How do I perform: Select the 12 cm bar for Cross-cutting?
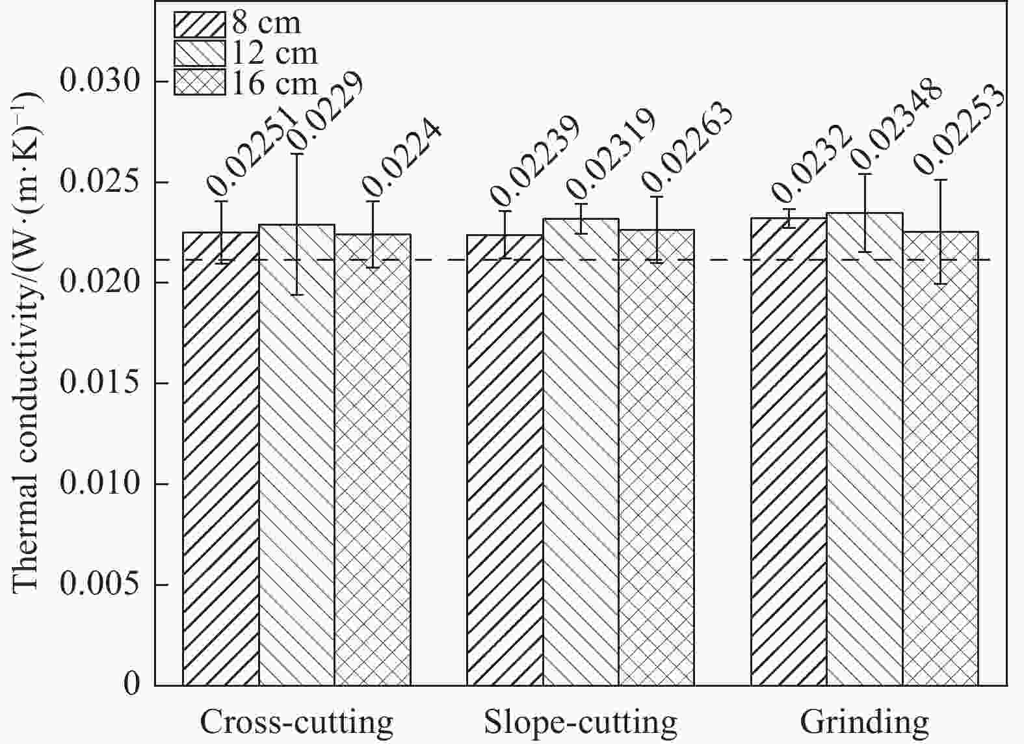pyautogui.click(x=296, y=455)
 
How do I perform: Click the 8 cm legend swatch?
pyautogui.click(x=200, y=25)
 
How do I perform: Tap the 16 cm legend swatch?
pyautogui.click(x=200, y=82)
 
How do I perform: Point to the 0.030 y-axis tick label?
pyautogui.click(x=100, y=82)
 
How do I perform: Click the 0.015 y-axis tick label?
pyautogui.click(x=100, y=383)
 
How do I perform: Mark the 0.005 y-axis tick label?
pyautogui.click(x=100, y=584)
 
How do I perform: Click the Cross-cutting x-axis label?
pyautogui.click(x=296, y=722)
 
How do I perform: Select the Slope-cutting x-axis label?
pyautogui.click(x=580, y=722)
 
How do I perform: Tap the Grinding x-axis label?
pyautogui.click(x=864, y=722)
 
